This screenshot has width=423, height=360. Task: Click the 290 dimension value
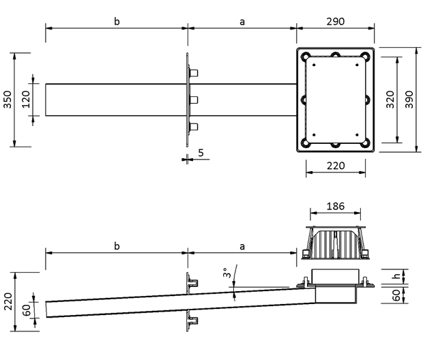pyautogui.click(x=335, y=22)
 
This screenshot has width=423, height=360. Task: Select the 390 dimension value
pyautogui.click(x=409, y=100)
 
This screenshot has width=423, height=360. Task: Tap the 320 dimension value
pyautogui.click(x=390, y=100)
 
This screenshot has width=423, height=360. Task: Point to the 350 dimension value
pyautogui.click(x=8, y=100)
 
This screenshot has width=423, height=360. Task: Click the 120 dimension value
pyautogui.click(x=26, y=100)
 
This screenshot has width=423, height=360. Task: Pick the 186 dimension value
pyautogui.click(x=335, y=207)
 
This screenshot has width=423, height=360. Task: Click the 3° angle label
pyautogui.click(x=227, y=273)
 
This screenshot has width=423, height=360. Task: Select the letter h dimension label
pyautogui.click(x=396, y=276)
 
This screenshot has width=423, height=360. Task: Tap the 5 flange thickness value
pyautogui.click(x=201, y=153)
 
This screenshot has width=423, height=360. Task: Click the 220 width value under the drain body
pyautogui.click(x=336, y=166)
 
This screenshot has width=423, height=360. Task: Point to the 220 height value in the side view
pyautogui.click(x=8, y=301)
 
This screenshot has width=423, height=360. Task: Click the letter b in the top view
pyautogui.click(x=117, y=21)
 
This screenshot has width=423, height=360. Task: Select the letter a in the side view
pyautogui.click(x=242, y=246)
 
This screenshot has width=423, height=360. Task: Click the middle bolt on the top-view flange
pyautogui.click(x=194, y=100)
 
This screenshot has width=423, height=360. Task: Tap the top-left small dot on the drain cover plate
pyautogui.click(x=314, y=65)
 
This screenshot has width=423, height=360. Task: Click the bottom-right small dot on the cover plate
pyautogui.click(x=358, y=135)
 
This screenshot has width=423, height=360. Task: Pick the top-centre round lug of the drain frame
pyautogui.click(x=335, y=55)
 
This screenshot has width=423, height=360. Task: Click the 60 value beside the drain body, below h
pyautogui.click(x=396, y=295)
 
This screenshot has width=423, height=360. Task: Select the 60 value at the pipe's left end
pyautogui.click(x=27, y=310)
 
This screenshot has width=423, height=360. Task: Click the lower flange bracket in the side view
pyautogui.click(x=192, y=320)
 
